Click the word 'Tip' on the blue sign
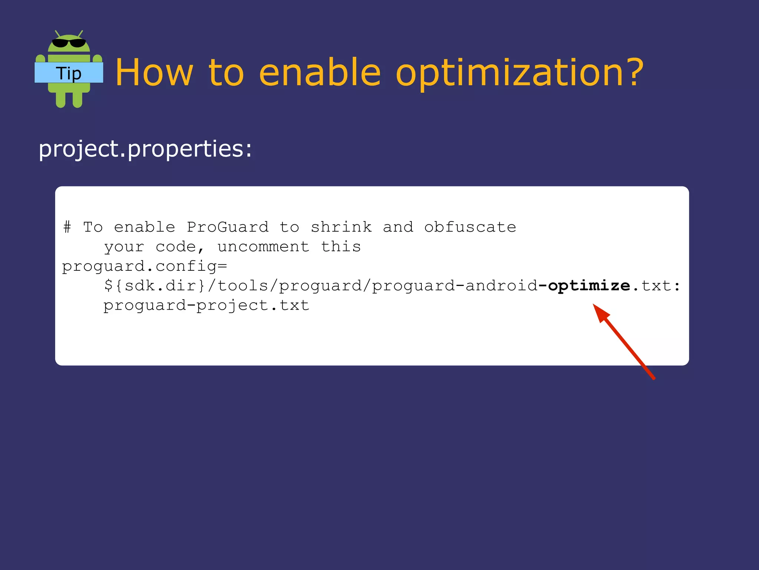(x=69, y=73)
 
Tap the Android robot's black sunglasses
(x=69, y=43)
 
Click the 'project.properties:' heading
(x=145, y=149)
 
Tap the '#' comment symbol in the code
(x=67, y=227)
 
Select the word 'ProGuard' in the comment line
(x=228, y=227)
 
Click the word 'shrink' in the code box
(x=341, y=227)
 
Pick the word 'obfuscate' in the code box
(x=470, y=227)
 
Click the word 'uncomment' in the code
(x=263, y=247)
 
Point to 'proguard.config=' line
(x=145, y=266)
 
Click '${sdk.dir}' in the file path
(x=155, y=286)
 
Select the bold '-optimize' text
(x=584, y=286)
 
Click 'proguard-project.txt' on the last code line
(x=206, y=305)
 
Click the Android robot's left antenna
(x=57, y=34)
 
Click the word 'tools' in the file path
(x=243, y=286)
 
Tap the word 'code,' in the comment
(x=180, y=247)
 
